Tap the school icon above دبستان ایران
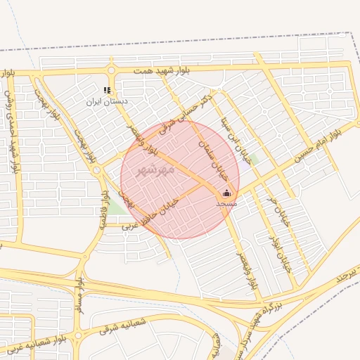coord(107,90)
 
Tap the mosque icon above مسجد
coord(226,193)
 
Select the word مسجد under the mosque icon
coord(226,202)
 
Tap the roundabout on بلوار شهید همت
coord(110,70)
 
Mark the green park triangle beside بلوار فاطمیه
coord(115,207)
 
